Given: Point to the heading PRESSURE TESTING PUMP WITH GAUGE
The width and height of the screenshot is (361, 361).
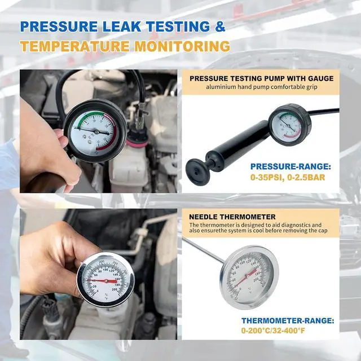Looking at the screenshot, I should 261,78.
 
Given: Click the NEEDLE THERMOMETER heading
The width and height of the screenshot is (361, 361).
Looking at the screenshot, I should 232,217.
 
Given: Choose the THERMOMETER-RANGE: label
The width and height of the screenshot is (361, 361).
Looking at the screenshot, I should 288,320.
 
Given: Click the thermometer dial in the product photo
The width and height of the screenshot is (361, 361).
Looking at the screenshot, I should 249,276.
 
